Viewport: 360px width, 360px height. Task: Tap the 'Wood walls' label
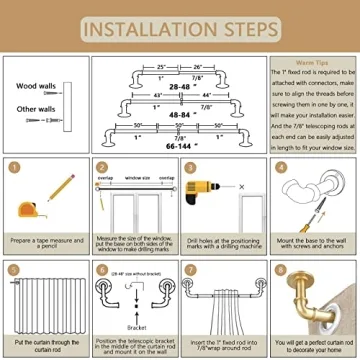pos(36,86)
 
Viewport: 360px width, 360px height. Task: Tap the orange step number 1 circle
pos(13,167)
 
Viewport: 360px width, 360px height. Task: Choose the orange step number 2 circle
pos(101,167)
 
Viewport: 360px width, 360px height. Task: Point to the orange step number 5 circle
pos(13,269)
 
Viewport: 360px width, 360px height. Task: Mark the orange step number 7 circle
pos(189,269)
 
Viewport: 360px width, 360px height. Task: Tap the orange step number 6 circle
pos(101,269)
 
